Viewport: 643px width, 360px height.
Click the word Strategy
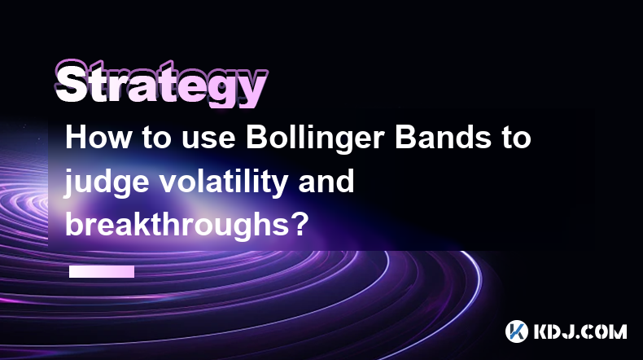[161, 85]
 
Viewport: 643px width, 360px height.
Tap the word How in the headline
[98, 138]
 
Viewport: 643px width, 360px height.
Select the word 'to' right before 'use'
[156, 138]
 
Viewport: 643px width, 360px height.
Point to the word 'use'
[208, 140]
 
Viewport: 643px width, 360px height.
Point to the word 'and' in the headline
[326, 182]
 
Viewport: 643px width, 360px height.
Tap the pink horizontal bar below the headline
[102, 272]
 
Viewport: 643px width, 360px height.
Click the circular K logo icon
[517, 331]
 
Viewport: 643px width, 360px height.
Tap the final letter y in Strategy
[252, 90]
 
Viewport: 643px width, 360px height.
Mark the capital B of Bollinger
[256, 138]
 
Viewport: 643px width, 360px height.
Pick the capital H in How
[76, 138]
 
